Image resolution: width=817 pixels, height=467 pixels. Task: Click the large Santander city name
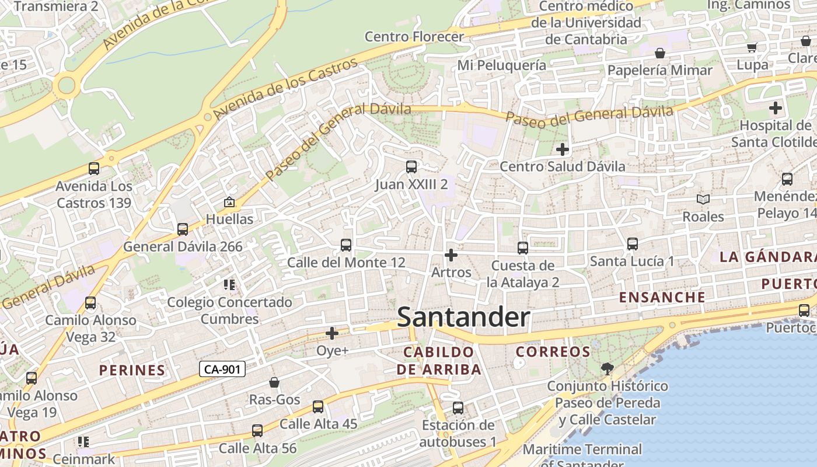pyautogui.click(x=463, y=318)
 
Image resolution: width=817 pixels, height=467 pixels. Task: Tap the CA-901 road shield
pyautogui.click(x=222, y=369)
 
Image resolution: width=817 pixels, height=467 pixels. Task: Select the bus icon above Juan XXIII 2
pyautogui.click(x=411, y=167)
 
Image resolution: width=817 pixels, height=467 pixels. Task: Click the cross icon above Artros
pyautogui.click(x=451, y=255)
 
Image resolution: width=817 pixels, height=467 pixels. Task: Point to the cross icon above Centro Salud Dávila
pyautogui.click(x=563, y=149)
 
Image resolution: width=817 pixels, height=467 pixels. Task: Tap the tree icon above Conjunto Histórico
pyautogui.click(x=607, y=368)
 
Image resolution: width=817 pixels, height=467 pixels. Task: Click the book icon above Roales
pyautogui.click(x=703, y=200)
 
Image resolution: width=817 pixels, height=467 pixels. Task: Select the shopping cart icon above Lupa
pyautogui.click(x=752, y=47)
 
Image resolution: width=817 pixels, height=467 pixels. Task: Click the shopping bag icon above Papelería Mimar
pyautogui.click(x=660, y=53)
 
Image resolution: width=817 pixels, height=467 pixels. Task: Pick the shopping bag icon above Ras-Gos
pyautogui.click(x=274, y=382)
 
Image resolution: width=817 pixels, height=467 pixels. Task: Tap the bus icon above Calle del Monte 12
pyautogui.click(x=346, y=245)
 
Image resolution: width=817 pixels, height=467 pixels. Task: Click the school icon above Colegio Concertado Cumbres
pyautogui.click(x=229, y=285)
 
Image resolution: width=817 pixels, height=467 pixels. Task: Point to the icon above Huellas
pyautogui.click(x=229, y=203)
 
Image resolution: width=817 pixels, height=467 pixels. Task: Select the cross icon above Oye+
pyautogui.click(x=332, y=333)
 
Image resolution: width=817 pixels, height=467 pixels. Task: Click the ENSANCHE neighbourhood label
pyautogui.click(x=662, y=297)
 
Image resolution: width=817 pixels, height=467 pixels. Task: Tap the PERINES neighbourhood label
pyautogui.click(x=132, y=370)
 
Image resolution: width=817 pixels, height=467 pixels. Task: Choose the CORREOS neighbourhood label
pyautogui.click(x=553, y=351)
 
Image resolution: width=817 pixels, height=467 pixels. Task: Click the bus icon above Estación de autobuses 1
pyautogui.click(x=458, y=407)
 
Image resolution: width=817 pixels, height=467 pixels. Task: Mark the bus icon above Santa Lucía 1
pyautogui.click(x=632, y=243)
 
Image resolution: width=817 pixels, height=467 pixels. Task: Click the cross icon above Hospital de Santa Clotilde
pyautogui.click(x=776, y=108)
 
